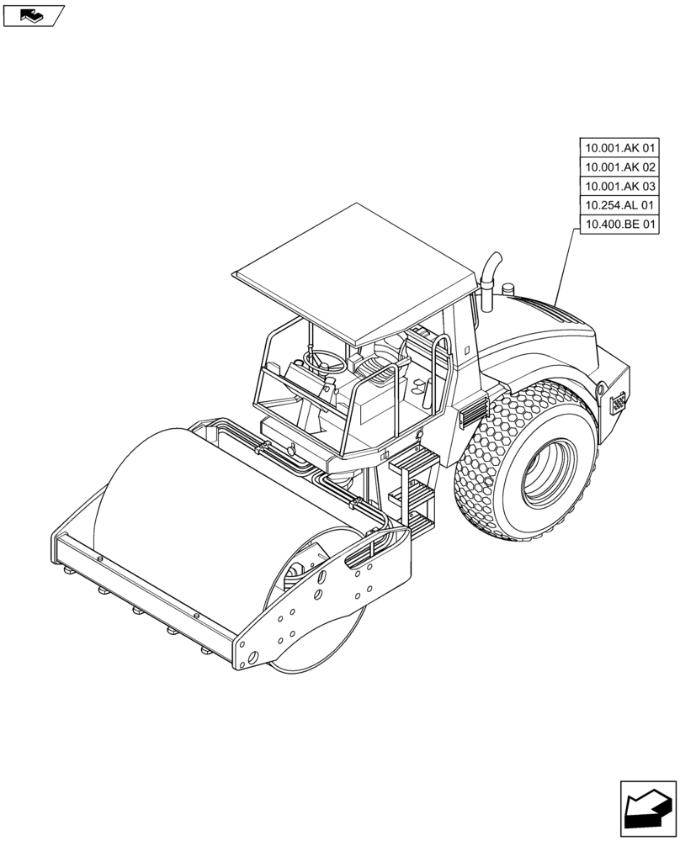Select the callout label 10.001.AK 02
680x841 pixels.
pos(620,167)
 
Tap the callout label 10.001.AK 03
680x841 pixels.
pos(620,186)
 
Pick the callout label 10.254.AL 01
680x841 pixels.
pos(620,205)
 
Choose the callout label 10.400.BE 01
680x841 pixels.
pos(620,224)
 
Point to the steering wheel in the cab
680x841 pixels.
pos(324,361)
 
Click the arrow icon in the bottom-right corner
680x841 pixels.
pos(647,809)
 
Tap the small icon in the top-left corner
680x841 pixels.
pos(33,14)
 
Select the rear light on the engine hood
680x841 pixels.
pos(619,403)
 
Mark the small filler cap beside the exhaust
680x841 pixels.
pos(507,289)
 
